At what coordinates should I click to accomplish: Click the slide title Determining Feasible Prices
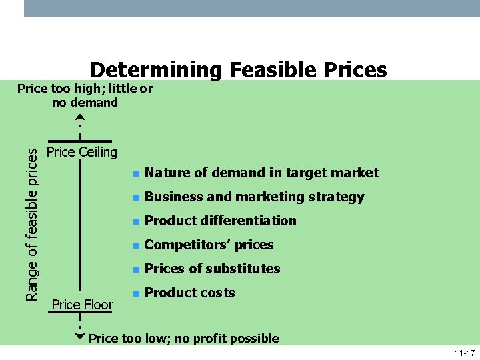point(238,69)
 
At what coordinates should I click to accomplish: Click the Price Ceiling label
point(82,152)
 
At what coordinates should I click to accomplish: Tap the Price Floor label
point(82,305)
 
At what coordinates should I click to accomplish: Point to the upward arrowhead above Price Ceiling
point(79,117)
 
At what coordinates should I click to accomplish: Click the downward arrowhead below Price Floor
point(79,336)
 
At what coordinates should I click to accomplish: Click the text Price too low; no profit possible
point(183,338)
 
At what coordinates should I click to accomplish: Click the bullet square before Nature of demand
point(135,173)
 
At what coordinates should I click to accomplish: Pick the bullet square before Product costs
point(135,293)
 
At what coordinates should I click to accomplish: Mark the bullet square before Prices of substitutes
point(135,269)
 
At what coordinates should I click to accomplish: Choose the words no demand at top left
point(85,102)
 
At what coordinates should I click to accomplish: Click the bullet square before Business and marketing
point(135,197)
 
